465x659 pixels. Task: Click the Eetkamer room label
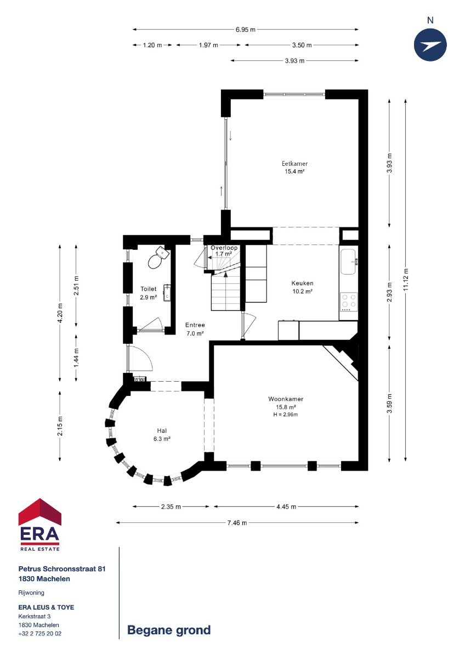click(x=294, y=164)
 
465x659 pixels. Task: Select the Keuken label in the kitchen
click(x=302, y=283)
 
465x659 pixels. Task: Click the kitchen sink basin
click(x=348, y=261)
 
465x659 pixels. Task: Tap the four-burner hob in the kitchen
click(x=349, y=302)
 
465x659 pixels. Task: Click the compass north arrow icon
click(x=430, y=45)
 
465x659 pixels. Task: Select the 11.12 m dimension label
click(x=406, y=280)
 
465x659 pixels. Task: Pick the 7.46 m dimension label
click(x=237, y=523)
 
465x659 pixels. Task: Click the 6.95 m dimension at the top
click(x=245, y=30)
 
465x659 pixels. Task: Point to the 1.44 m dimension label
click(x=76, y=358)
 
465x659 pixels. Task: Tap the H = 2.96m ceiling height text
click(x=285, y=415)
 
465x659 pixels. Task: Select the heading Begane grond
click(x=169, y=630)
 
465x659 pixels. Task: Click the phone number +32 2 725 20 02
click(x=40, y=633)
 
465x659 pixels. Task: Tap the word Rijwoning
click(x=31, y=593)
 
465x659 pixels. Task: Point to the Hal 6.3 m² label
click(x=162, y=434)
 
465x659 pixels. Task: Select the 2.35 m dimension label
click(x=171, y=506)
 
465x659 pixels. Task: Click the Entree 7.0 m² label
click(x=195, y=329)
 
